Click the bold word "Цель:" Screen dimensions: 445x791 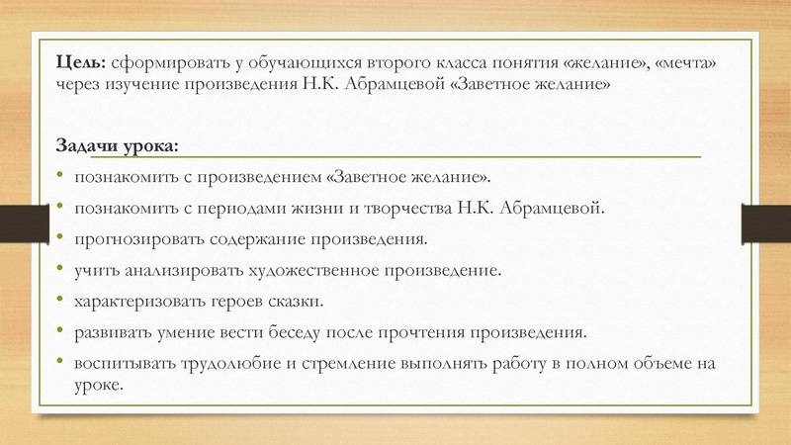pyautogui.click(x=83, y=64)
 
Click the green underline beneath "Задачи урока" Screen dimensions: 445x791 pyautogui.click(x=395, y=157)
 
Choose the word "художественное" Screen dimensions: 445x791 pyautogui.click(x=350, y=270)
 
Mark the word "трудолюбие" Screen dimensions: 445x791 pyautogui.click(x=230, y=363)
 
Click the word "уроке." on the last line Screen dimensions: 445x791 pyautogui.click(x=97, y=384)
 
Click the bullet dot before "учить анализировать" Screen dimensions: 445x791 pyautogui.click(x=61, y=270)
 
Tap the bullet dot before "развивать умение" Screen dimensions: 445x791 pyautogui.click(x=61, y=331)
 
